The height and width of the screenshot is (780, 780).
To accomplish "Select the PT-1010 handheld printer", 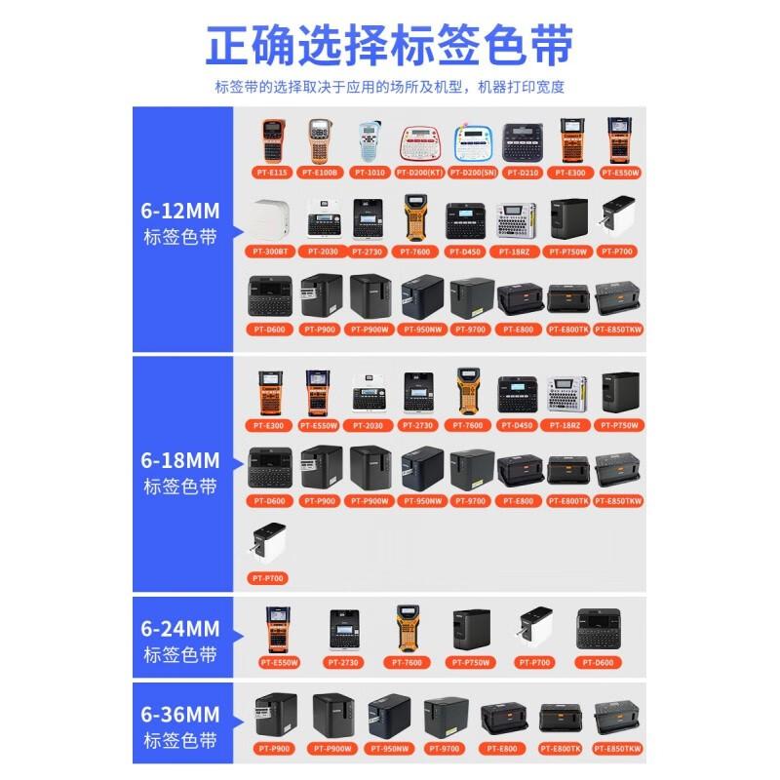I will (370, 142).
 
